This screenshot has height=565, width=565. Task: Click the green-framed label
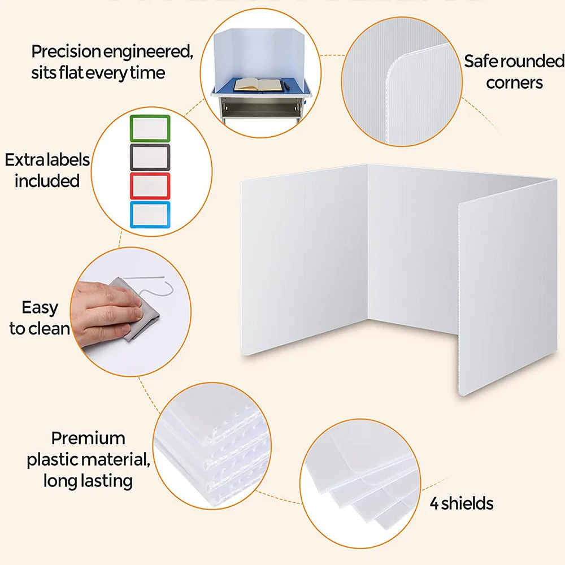[x=150, y=128]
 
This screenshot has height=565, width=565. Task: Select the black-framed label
[x=150, y=157]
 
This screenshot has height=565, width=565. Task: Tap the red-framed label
[x=150, y=186]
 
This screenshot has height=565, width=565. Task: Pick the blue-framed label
[x=150, y=215]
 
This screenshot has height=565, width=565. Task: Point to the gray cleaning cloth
[x=137, y=309]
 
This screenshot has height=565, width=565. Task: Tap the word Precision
[x=66, y=51]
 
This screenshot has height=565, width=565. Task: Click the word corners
[x=514, y=83]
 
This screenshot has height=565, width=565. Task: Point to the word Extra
[x=25, y=160]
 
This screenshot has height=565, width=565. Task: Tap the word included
[x=47, y=181]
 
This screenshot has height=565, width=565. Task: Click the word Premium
[x=88, y=438]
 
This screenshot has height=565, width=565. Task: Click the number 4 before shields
[x=434, y=504]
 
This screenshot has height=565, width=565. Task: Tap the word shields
[x=467, y=503]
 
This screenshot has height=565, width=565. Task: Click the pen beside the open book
[x=287, y=86]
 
